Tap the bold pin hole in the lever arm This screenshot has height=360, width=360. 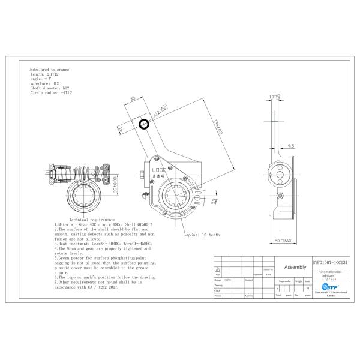coord(144,124)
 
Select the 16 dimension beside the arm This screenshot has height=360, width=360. coord(121,130)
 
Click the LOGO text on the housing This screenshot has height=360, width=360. coord(158,170)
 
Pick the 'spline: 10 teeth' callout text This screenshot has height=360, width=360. coord(203,235)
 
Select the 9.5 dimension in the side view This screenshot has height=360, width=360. coord(290,145)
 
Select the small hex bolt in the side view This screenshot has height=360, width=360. coord(279,196)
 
